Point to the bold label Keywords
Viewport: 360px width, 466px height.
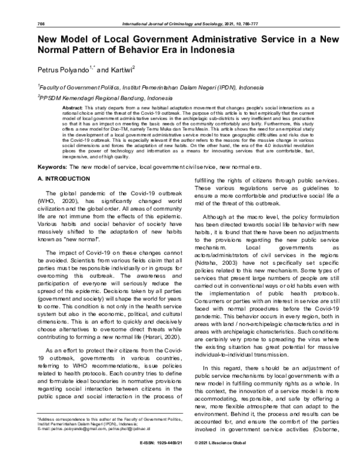(x=52, y=165)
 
